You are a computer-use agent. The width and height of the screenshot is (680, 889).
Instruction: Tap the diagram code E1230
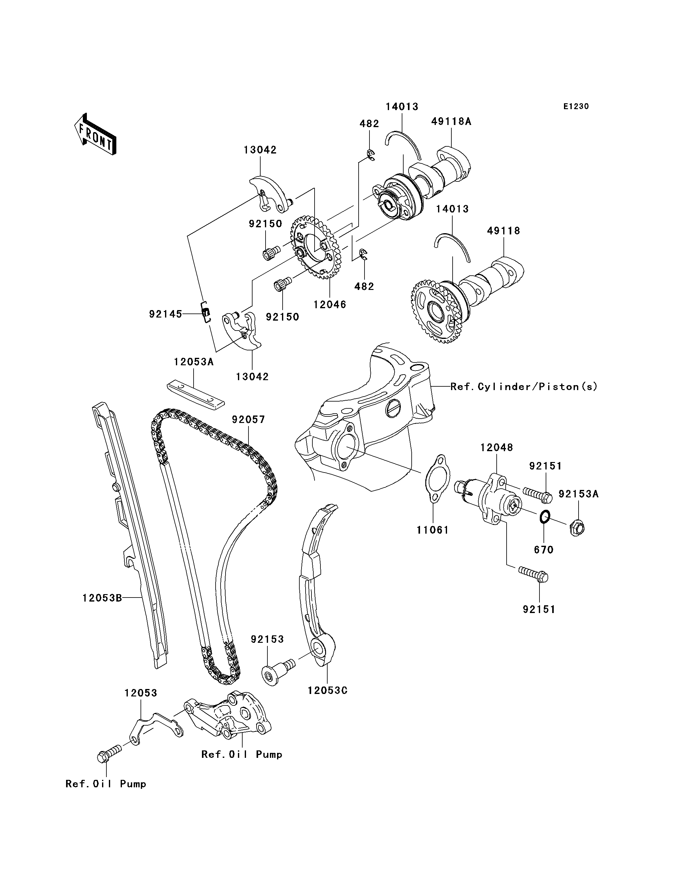coord(576,106)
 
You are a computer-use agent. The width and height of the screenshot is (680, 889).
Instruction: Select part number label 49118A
coord(451,121)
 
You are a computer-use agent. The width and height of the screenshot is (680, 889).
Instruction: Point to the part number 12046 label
coord(330,305)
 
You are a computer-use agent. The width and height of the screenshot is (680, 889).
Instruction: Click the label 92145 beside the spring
coord(166,314)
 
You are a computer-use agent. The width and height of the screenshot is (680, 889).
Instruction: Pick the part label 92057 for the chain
coord(248,420)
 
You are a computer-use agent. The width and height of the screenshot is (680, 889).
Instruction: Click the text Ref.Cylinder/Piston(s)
coord(524,387)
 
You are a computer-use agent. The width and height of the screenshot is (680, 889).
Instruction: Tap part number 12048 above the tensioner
coord(497,447)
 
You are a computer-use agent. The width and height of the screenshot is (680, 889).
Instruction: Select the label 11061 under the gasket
coord(433,530)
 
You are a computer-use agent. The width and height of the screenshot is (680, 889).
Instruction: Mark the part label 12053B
coord(102,598)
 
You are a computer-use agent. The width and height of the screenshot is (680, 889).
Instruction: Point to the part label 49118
coord(503,231)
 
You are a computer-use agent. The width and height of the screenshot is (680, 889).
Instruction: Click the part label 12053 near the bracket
coord(141,693)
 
